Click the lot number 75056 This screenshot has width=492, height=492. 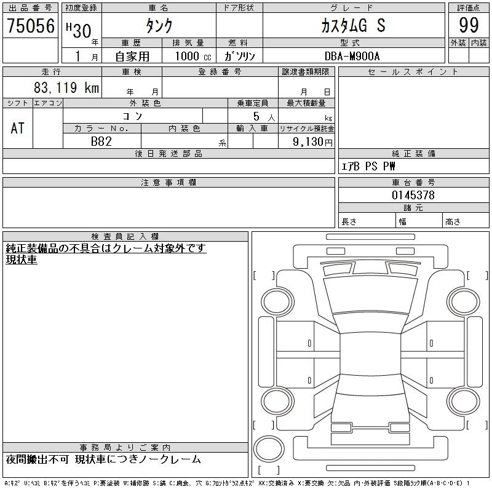point(31,25)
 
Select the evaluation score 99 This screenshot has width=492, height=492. point(469,25)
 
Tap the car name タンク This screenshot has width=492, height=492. point(159,25)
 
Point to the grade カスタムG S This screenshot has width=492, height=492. point(353,25)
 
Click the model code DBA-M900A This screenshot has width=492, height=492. point(352,56)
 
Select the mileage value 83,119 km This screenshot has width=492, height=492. point(66,87)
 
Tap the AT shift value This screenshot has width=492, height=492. point(17,129)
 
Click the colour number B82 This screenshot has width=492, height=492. point(101,141)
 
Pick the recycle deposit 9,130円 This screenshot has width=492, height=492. point(312,142)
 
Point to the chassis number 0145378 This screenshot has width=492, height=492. point(413,195)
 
